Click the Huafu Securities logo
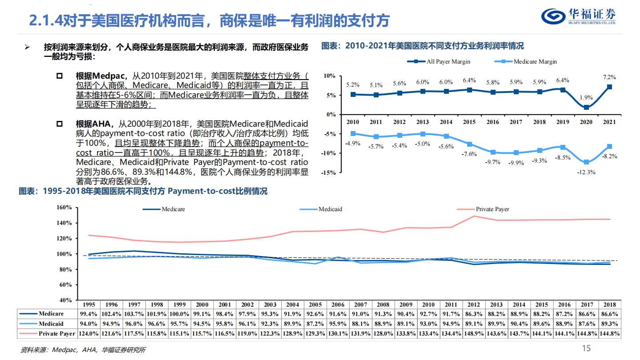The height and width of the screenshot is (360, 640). pyautogui.click(x=578, y=17)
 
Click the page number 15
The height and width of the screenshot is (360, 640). pyautogui.click(x=586, y=348)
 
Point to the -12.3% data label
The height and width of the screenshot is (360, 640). pyautogui.click(x=586, y=172)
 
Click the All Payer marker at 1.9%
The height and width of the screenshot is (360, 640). pyautogui.click(x=586, y=108)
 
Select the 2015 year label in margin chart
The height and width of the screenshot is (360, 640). pyautogui.click(x=469, y=122)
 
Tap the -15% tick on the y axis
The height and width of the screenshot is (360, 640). pyautogui.click(x=329, y=172)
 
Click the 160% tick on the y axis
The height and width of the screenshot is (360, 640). pyautogui.click(x=64, y=208)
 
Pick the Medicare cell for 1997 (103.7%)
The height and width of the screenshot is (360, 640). pyautogui.click(x=134, y=314)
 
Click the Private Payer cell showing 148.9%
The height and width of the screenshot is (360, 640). pyautogui.click(x=473, y=333)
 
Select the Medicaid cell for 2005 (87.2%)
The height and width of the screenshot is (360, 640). pyautogui.click(x=315, y=324)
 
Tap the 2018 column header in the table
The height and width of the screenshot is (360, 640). pyautogui.click(x=609, y=304)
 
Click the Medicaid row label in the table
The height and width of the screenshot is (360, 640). pyautogui.click(x=51, y=324)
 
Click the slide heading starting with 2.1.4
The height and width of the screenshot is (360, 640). pyautogui.click(x=209, y=20)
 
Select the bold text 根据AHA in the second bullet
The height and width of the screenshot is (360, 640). pyautogui.click(x=91, y=124)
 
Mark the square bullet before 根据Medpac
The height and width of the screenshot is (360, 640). pyautogui.click(x=60, y=76)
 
